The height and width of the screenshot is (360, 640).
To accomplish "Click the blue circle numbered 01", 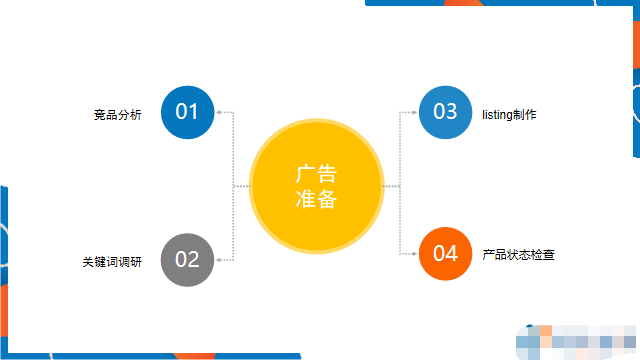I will point(187,112).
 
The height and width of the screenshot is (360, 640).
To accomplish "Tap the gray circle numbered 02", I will point(187,259).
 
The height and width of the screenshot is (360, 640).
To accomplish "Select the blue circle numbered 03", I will point(445,112).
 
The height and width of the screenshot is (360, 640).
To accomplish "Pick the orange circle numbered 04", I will point(445,254).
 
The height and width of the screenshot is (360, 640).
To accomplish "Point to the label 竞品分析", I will point(118,115).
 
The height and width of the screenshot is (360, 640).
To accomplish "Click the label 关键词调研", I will point(112,262).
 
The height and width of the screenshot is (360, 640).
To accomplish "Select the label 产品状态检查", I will point(518,255).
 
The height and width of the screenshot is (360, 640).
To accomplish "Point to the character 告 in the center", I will point(328,171).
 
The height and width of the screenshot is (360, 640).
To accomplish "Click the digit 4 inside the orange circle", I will point(452,254).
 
